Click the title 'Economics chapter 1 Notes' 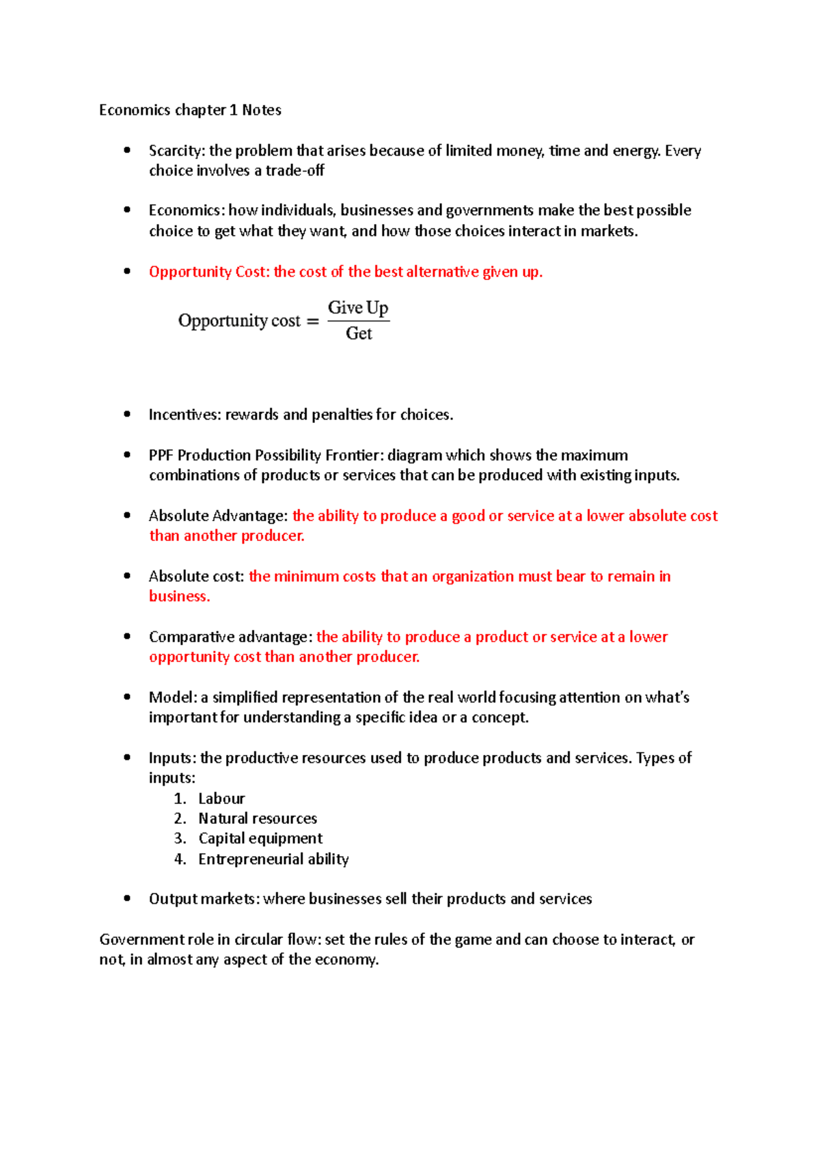[x=190, y=110]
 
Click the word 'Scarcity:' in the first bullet [x=176, y=151]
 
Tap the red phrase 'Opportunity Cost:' [x=208, y=272]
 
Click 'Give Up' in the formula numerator [x=358, y=308]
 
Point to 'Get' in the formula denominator [x=359, y=333]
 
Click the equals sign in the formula [x=313, y=322]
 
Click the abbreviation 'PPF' [x=161, y=456]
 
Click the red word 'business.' [x=179, y=596]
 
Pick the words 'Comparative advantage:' [x=230, y=637]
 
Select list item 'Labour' [x=221, y=799]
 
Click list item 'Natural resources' [x=258, y=818]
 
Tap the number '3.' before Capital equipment [x=180, y=838]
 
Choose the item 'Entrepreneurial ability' [x=273, y=859]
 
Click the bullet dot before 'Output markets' [x=127, y=898]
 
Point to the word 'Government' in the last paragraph [x=141, y=940]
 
